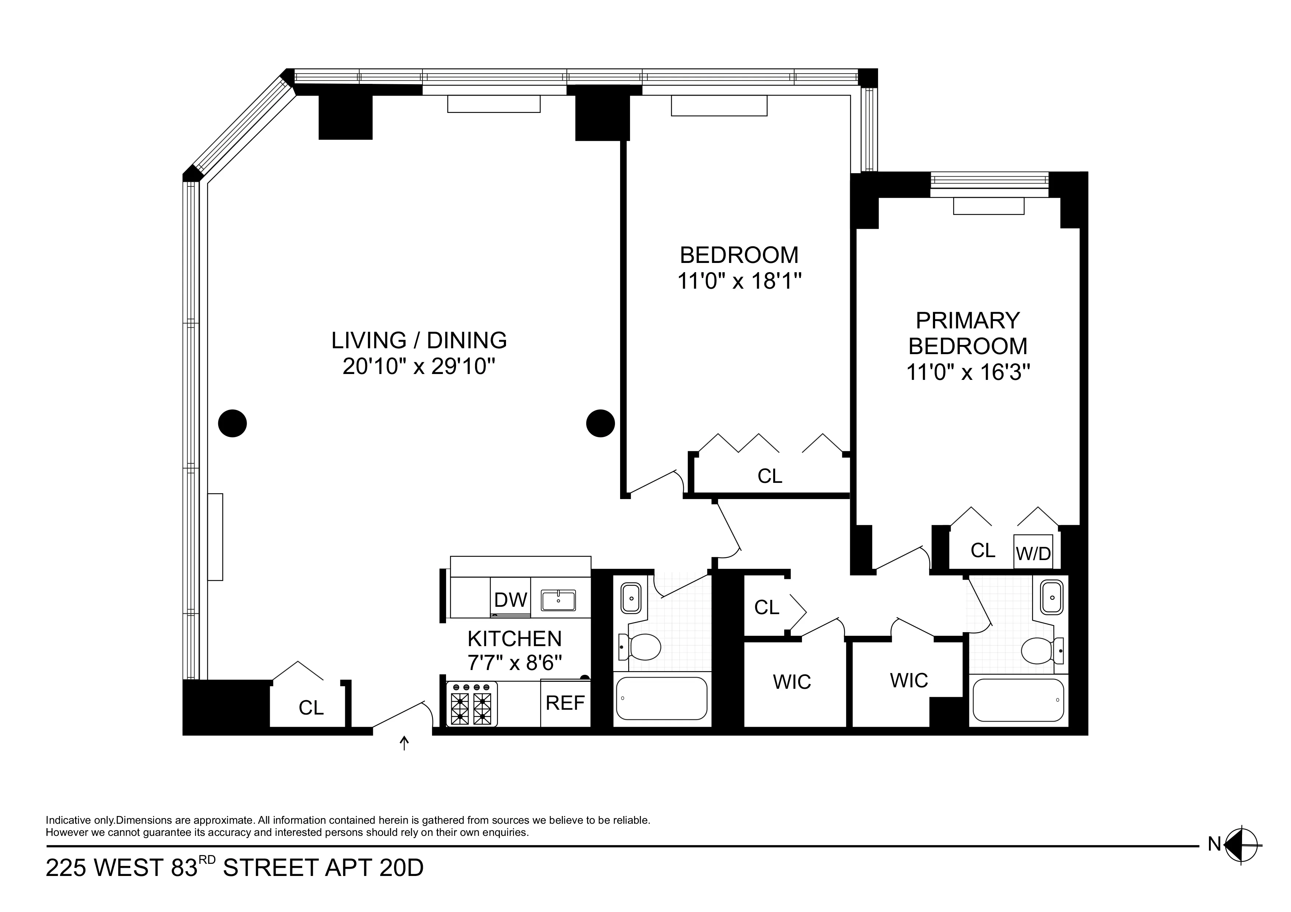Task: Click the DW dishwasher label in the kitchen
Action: (x=510, y=600)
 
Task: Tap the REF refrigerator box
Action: (x=565, y=703)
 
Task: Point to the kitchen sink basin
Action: (x=558, y=600)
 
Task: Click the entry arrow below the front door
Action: (x=404, y=744)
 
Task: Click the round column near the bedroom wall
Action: (x=600, y=423)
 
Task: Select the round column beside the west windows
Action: (x=232, y=423)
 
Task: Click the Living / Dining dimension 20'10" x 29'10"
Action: (x=419, y=367)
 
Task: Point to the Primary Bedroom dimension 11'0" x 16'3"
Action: (x=968, y=373)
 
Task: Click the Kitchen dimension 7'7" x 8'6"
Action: (x=514, y=664)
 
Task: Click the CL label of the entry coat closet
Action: (x=311, y=708)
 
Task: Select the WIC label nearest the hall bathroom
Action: (x=792, y=682)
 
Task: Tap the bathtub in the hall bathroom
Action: (x=661, y=698)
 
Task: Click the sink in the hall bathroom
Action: (x=631, y=598)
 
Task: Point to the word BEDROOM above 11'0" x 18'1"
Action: (x=739, y=255)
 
